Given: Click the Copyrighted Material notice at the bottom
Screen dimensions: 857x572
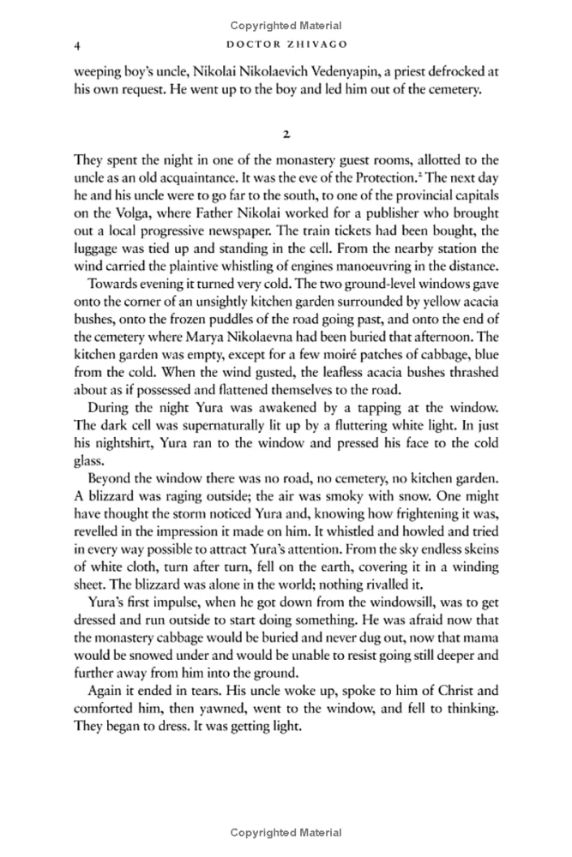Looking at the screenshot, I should click(x=286, y=832).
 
